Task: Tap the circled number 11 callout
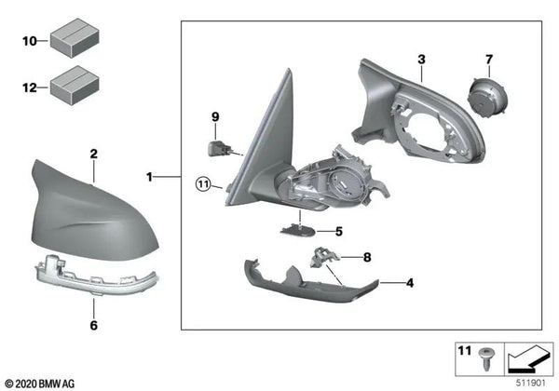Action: [x=204, y=183]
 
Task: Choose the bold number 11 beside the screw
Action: [x=463, y=351]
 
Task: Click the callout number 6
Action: [x=93, y=326]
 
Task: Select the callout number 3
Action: [x=421, y=60]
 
